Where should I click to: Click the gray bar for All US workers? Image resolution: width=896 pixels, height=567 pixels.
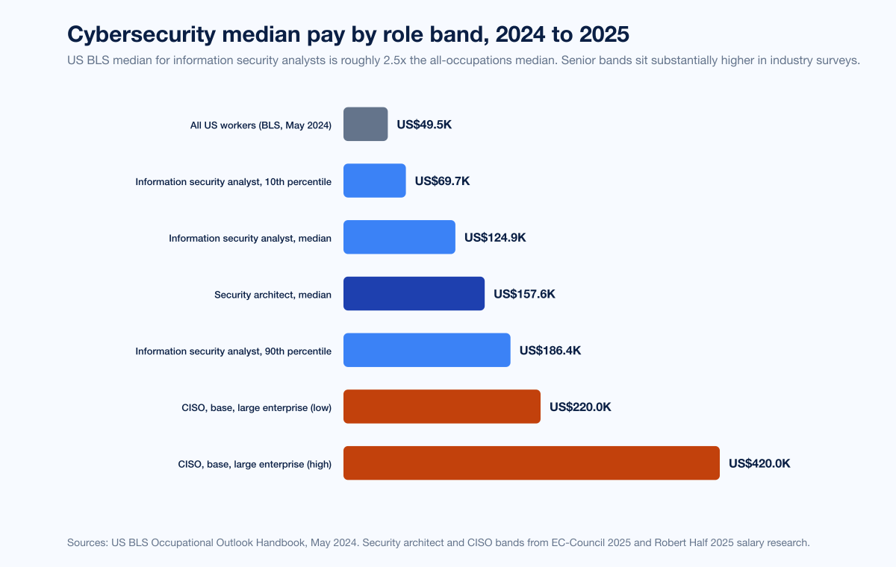(x=365, y=124)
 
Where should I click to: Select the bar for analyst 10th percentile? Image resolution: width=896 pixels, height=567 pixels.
(x=374, y=181)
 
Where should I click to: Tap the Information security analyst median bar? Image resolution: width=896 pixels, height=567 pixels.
(x=399, y=237)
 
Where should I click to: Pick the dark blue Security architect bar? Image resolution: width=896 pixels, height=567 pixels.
(x=414, y=294)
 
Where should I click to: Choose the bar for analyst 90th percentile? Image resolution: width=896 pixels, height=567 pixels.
(x=426, y=351)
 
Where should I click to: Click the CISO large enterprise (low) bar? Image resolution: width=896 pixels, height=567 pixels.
(x=441, y=407)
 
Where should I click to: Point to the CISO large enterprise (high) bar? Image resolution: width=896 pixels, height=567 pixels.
(x=531, y=463)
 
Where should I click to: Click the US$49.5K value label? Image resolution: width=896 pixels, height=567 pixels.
(x=424, y=125)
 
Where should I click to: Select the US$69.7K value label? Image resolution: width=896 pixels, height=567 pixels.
(x=442, y=181)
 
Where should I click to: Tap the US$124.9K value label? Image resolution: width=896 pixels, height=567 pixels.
(x=495, y=238)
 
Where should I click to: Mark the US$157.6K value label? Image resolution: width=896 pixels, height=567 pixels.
(x=524, y=294)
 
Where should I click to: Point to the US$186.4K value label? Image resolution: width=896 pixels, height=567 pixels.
(x=550, y=351)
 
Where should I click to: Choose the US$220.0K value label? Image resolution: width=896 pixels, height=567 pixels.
(x=580, y=407)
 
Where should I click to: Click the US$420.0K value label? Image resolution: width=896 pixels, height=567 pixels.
(x=759, y=463)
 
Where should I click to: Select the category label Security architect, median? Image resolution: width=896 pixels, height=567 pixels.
(x=273, y=295)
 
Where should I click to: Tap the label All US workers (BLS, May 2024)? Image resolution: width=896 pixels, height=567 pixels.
(x=261, y=125)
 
